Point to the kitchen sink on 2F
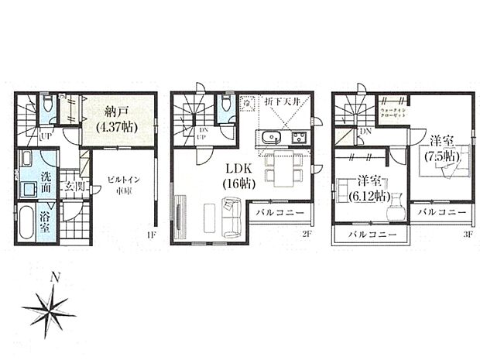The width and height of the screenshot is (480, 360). pyautogui.click(x=272, y=138)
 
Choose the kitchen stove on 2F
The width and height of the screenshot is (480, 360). pyautogui.click(x=298, y=138)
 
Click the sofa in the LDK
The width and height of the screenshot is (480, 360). pyautogui.click(x=231, y=218)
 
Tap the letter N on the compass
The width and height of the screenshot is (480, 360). pyautogui.click(x=53, y=276)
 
